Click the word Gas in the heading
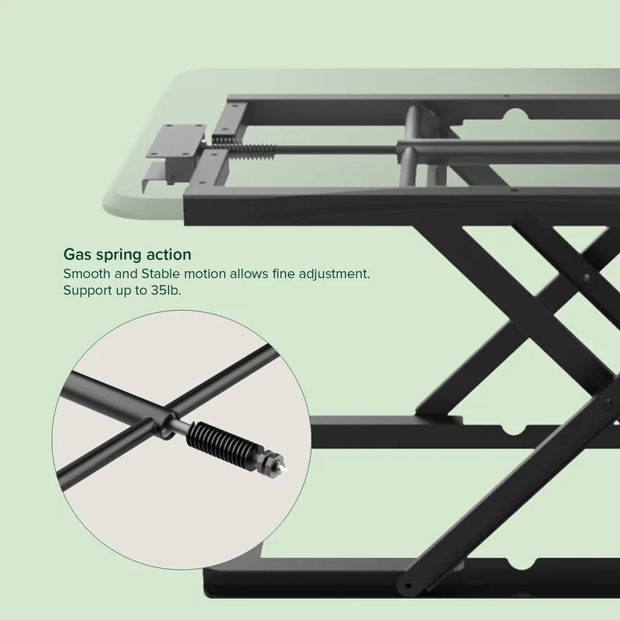(x=77, y=254)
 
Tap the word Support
(x=87, y=291)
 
